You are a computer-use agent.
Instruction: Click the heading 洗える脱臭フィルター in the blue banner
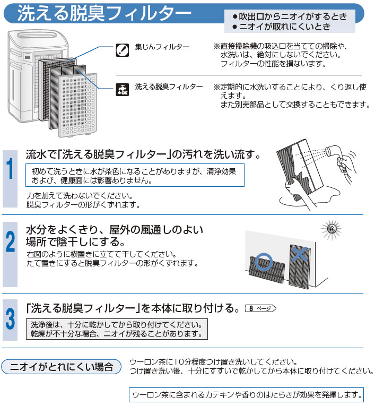click(x=104, y=14)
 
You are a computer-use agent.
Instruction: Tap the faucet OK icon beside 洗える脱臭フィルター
click(x=121, y=88)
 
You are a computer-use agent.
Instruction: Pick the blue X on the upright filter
click(x=300, y=255)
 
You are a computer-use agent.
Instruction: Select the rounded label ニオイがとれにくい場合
click(x=62, y=366)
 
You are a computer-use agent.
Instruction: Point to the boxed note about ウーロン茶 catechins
click(x=247, y=395)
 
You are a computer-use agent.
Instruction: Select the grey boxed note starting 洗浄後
click(x=116, y=329)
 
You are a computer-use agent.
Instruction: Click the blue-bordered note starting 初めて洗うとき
click(x=135, y=176)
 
